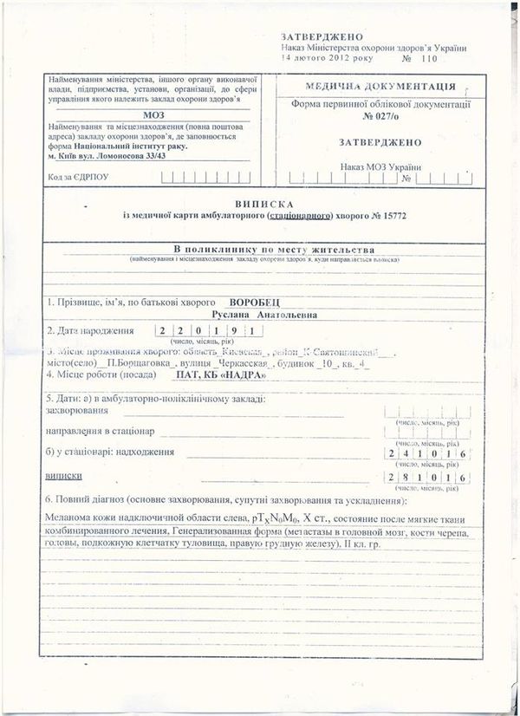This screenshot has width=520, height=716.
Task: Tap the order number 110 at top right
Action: [431, 60]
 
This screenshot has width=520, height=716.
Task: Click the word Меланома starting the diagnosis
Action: [71, 518]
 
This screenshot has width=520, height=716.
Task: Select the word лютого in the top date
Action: [309, 60]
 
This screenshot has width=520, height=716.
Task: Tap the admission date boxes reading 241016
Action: [426, 453]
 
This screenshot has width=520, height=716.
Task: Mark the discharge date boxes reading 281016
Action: [426, 478]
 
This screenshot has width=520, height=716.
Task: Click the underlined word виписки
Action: [63, 477]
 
